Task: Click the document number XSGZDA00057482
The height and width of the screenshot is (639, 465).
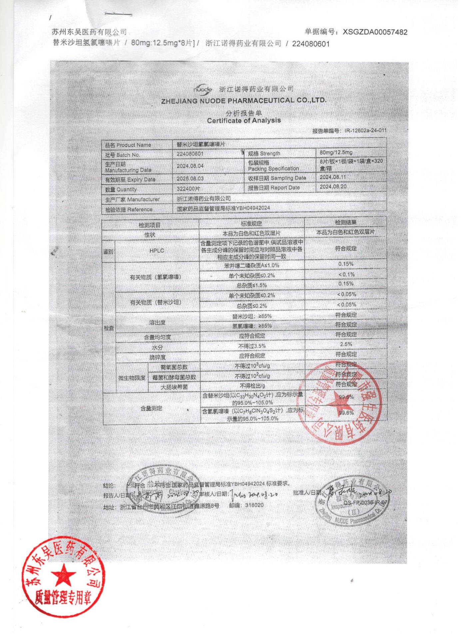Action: click(x=375, y=32)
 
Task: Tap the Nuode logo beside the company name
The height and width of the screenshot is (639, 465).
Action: click(x=203, y=89)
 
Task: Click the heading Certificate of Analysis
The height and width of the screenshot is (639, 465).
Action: click(x=244, y=120)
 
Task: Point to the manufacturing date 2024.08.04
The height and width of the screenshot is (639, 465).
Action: click(x=190, y=166)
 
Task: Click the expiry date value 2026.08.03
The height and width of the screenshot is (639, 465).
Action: click(x=190, y=179)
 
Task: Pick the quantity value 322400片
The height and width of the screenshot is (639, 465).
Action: click(x=188, y=189)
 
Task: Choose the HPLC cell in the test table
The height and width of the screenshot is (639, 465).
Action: click(x=157, y=251)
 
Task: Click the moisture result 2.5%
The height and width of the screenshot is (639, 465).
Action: click(x=346, y=344)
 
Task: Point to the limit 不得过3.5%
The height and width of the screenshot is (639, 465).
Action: click(x=252, y=346)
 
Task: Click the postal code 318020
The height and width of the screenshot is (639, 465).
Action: click(x=254, y=505)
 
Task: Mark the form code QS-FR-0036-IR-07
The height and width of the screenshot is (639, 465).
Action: click(x=365, y=503)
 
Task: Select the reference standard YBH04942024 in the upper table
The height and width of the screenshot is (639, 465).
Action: click(x=253, y=208)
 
